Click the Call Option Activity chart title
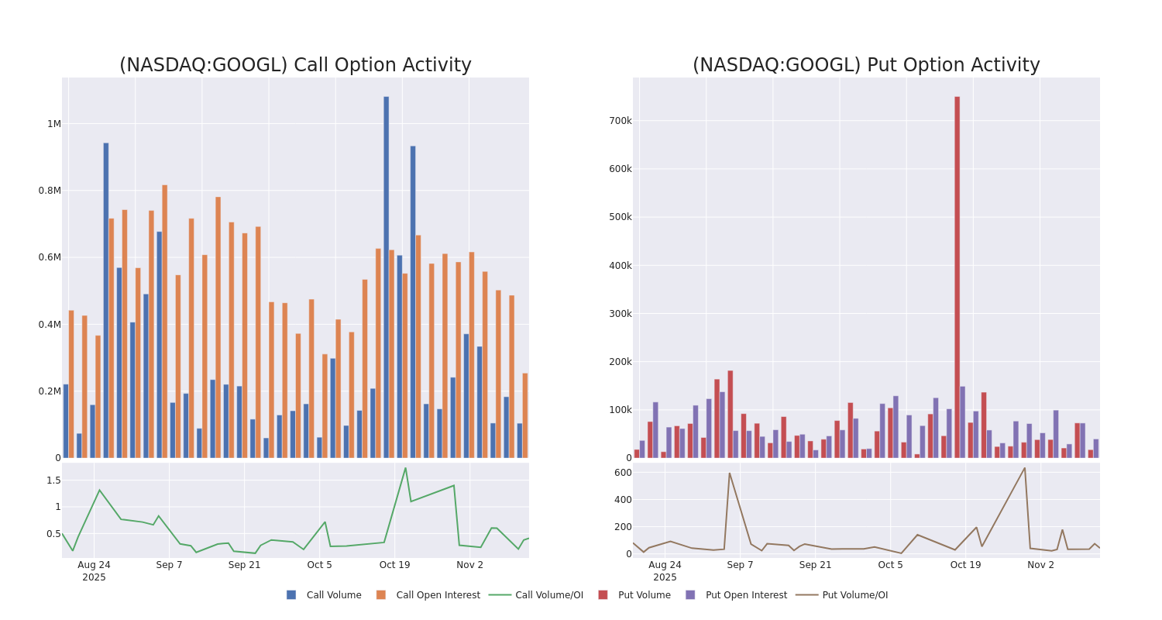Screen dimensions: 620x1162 (x=295, y=66)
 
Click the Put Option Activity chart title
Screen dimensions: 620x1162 (x=866, y=66)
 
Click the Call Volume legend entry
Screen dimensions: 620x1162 (x=325, y=595)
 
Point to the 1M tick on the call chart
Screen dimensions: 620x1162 (x=53, y=124)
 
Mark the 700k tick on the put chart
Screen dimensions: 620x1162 (x=620, y=121)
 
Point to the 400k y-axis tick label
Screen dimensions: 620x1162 (x=620, y=266)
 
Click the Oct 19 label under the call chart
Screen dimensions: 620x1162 (x=394, y=565)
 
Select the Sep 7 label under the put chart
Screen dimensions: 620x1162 (x=740, y=565)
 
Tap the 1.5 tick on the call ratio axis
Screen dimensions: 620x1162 (x=53, y=480)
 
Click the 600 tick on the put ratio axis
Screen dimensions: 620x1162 (x=623, y=473)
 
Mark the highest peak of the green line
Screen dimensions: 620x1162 (x=405, y=468)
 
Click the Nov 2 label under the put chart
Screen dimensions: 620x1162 (x=1040, y=565)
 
